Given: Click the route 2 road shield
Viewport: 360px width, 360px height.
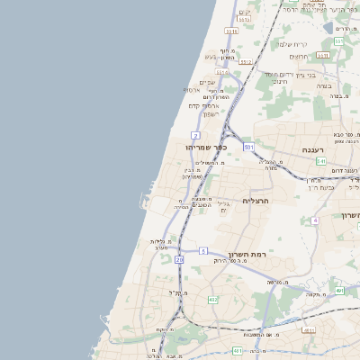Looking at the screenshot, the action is pos(195,135).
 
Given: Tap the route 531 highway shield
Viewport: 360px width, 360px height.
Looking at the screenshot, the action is pos(248,146).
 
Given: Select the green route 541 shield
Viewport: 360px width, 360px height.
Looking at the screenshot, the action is pos(321,161).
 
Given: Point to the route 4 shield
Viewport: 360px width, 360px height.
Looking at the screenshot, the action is pos(315,220).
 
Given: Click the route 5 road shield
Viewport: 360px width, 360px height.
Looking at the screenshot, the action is pos(204,250).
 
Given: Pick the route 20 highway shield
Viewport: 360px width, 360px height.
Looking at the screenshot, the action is pos(179,259).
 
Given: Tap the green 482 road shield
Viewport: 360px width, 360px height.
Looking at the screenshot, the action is pos(212,299).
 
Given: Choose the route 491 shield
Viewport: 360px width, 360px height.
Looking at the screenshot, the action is pos(339,291).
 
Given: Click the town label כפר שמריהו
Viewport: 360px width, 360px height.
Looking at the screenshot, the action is pos(206,147).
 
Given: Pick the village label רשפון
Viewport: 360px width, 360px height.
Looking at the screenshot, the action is pos(209,113).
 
